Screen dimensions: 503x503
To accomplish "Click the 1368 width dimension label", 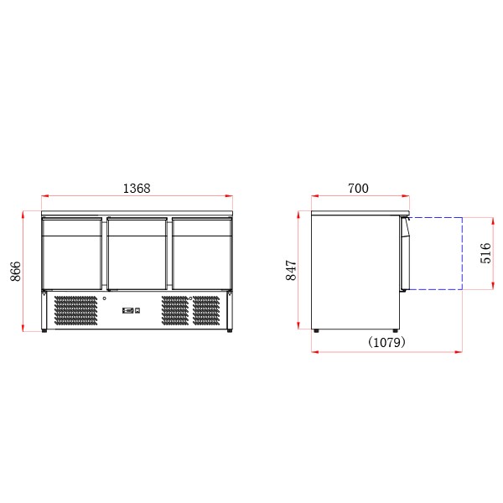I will (x=137, y=189).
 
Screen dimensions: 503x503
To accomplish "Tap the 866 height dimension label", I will (x=16, y=270).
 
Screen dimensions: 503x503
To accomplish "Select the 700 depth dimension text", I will (x=358, y=189).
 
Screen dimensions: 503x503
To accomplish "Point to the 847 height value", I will (x=292, y=270).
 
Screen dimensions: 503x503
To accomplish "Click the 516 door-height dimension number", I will (x=485, y=253).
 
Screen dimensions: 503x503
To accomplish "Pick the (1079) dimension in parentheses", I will (x=386, y=342).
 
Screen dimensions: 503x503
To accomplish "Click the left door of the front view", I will (x=73, y=253).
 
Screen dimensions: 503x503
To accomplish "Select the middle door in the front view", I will (x=137, y=253).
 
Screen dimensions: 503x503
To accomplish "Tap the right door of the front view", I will (x=201, y=253).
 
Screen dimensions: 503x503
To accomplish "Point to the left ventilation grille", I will (x=76, y=310).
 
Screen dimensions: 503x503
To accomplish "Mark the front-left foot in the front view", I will (x=44, y=330).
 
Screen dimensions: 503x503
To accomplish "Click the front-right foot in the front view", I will (x=229, y=330).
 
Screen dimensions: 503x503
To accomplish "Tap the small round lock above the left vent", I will (x=105, y=298).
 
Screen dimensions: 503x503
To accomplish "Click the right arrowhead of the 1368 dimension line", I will (x=231, y=198).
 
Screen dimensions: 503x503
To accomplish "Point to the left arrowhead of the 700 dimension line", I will (x=314, y=198).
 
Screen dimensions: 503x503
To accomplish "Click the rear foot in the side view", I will (x=316, y=330).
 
